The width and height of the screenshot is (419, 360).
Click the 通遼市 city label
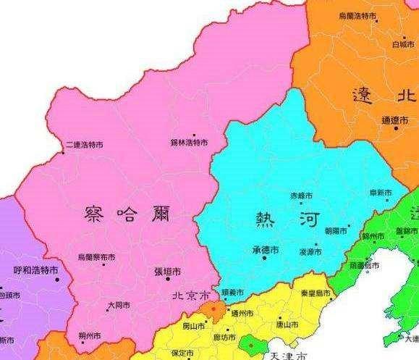tap(395, 120)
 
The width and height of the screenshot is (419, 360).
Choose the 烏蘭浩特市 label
tap(357, 15)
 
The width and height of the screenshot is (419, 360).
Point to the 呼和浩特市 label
tap(35, 270)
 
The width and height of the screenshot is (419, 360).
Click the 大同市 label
tap(119, 306)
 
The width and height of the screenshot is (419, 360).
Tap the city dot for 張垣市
tap(167, 279)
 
